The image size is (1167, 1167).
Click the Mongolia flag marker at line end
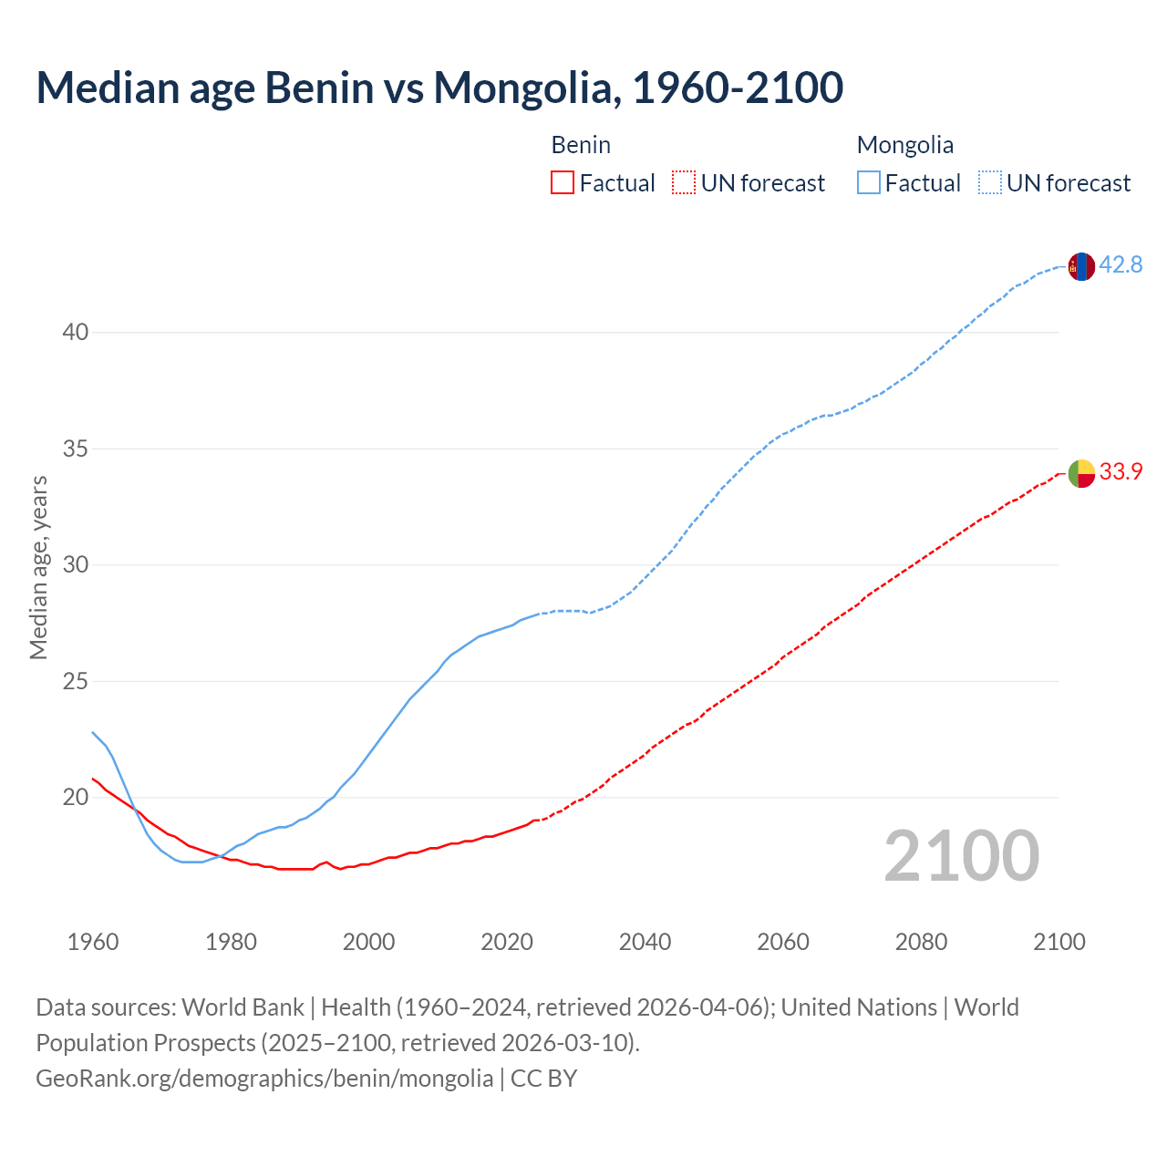point(1081,266)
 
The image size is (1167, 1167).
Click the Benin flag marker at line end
point(1081,473)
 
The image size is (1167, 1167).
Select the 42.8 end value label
point(1121,265)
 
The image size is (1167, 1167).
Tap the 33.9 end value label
point(1121,472)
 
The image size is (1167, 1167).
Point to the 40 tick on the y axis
point(76,333)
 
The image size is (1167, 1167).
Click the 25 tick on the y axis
point(76,681)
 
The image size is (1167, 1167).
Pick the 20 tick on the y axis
point(76,798)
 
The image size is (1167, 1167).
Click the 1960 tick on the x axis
point(93,942)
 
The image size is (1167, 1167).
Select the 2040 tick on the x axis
point(645,942)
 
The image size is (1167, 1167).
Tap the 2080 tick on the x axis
point(921,942)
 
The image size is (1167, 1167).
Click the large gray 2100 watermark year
point(961,855)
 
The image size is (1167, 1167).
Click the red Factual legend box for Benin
point(563,183)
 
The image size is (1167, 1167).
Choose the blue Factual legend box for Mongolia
point(868,183)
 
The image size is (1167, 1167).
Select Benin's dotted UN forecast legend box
point(684,183)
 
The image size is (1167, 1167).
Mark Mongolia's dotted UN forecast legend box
point(989,183)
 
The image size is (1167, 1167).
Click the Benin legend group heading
point(581,145)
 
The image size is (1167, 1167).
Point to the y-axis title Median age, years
point(38,567)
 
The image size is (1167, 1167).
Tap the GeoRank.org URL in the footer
point(264,1079)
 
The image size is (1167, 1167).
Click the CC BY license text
point(544,1079)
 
